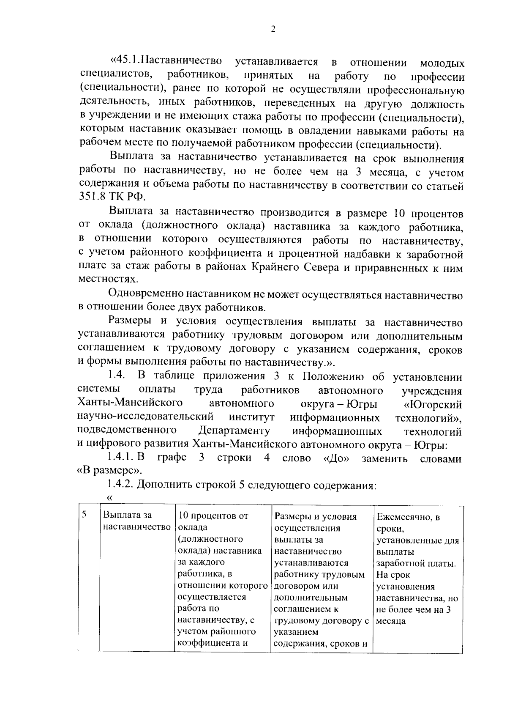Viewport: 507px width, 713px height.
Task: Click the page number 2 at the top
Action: tap(273, 29)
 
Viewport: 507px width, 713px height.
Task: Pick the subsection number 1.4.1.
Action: tap(120, 458)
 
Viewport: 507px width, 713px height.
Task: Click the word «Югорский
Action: tap(433, 404)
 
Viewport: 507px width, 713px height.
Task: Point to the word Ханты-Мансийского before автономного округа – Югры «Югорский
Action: tap(130, 403)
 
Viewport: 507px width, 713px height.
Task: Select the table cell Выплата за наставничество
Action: tap(136, 521)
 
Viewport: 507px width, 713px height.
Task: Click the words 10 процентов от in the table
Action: tap(213, 516)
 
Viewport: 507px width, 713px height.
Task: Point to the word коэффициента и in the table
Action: tap(212, 643)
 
